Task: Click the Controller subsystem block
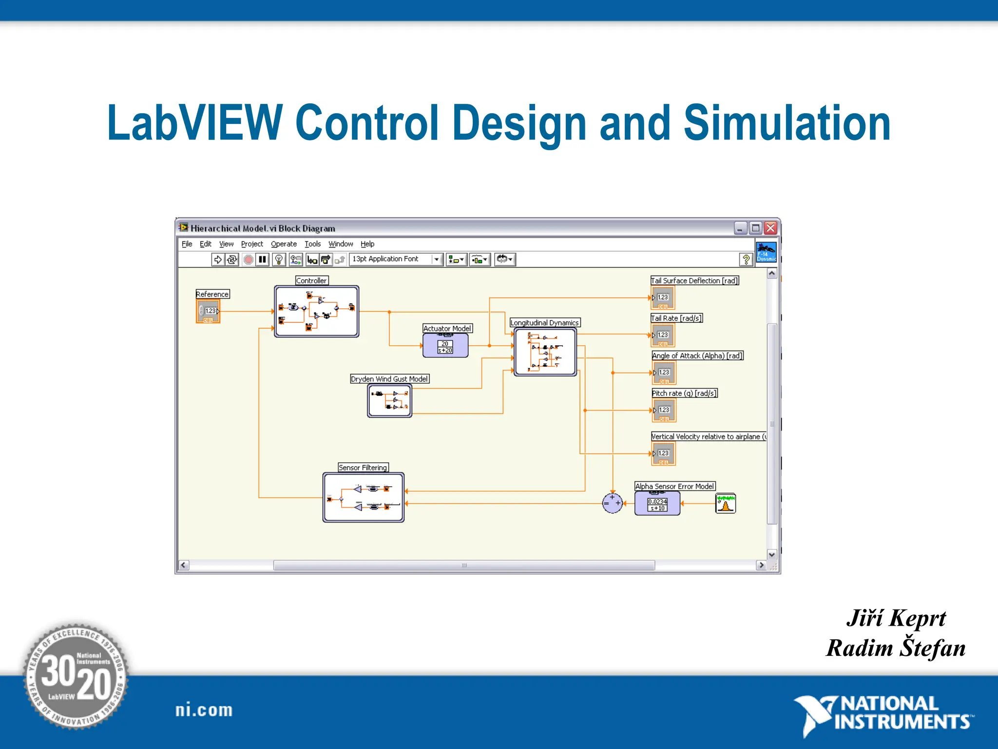point(317,311)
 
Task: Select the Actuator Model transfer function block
point(445,346)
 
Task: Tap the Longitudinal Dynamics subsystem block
point(545,352)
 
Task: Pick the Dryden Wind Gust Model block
point(389,401)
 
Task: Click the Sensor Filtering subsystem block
point(364,497)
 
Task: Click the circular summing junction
point(613,503)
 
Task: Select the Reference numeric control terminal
point(208,311)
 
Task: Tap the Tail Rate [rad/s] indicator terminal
point(663,335)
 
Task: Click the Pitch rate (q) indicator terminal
point(664,411)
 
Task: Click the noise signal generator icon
point(726,503)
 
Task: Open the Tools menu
point(313,244)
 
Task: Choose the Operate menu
point(284,244)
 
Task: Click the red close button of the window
point(770,228)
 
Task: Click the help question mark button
point(746,259)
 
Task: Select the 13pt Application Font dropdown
point(395,259)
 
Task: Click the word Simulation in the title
point(787,123)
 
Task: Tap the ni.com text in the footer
point(204,710)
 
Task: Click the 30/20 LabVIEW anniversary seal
point(76,676)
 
